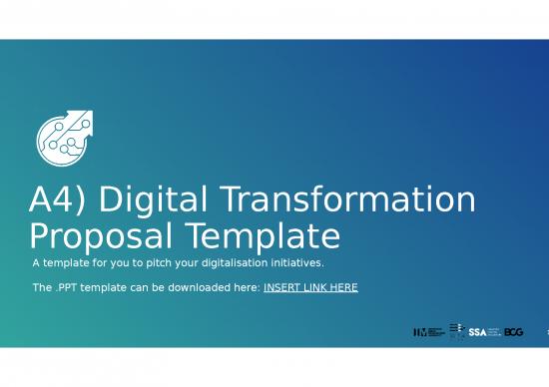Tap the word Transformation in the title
(x=347, y=200)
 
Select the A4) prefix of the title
(x=58, y=200)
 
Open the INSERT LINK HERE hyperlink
(x=310, y=287)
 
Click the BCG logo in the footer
(x=514, y=331)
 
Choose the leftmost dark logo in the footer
(x=429, y=331)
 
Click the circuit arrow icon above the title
(x=63, y=136)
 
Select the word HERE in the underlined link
(x=342, y=287)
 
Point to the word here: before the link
(x=247, y=287)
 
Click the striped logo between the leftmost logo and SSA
(x=456, y=330)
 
